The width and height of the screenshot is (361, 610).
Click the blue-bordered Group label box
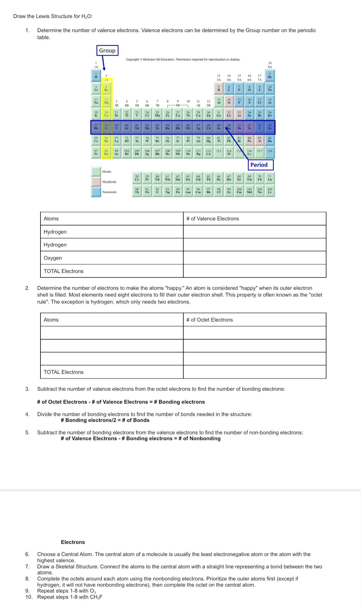(x=107, y=51)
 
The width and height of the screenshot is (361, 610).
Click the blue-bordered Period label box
(x=260, y=165)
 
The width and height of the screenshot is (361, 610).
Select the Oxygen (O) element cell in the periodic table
(x=249, y=88)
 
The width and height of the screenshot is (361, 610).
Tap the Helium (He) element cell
(x=270, y=76)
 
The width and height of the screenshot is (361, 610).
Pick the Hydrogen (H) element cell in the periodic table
(x=96, y=76)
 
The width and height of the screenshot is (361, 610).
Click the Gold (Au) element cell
(x=198, y=140)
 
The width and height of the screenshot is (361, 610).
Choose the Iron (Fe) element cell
(x=168, y=114)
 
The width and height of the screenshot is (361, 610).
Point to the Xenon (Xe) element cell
(x=270, y=127)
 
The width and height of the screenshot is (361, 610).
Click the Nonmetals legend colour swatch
(x=96, y=192)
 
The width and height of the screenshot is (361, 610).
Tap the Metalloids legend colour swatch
(x=96, y=182)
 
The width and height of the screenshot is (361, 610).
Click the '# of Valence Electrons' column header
(x=213, y=219)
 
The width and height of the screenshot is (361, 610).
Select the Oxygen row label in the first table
(x=53, y=258)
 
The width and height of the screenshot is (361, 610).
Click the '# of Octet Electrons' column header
(x=209, y=320)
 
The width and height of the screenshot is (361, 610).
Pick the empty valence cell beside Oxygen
(x=254, y=258)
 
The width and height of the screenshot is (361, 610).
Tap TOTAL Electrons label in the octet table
(x=64, y=372)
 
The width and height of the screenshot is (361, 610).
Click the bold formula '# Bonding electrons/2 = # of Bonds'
(x=105, y=420)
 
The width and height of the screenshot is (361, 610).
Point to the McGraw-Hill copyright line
(x=183, y=60)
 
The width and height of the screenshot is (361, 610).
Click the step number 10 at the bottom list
(x=29, y=597)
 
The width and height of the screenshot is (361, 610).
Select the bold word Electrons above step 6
(x=73, y=542)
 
